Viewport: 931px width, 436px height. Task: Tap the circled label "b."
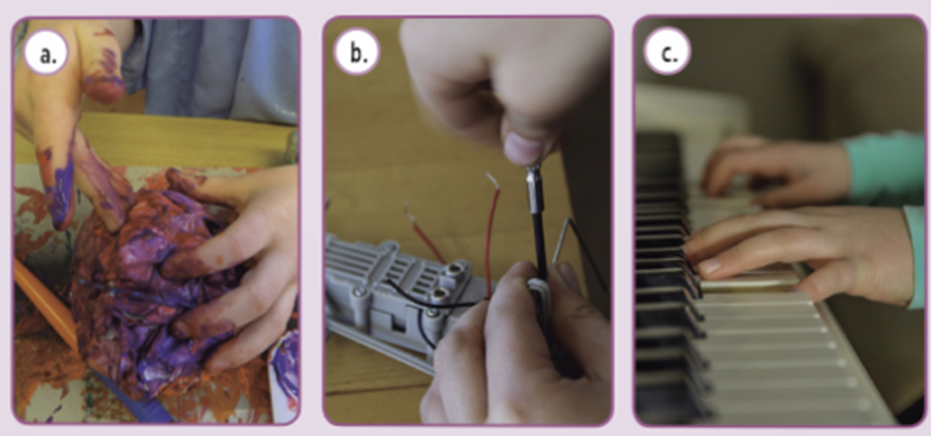coord(356,53)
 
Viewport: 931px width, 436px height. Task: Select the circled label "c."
coord(668,53)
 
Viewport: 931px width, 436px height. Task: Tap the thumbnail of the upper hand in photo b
coord(523,149)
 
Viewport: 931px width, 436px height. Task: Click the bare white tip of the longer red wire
coord(493,180)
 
